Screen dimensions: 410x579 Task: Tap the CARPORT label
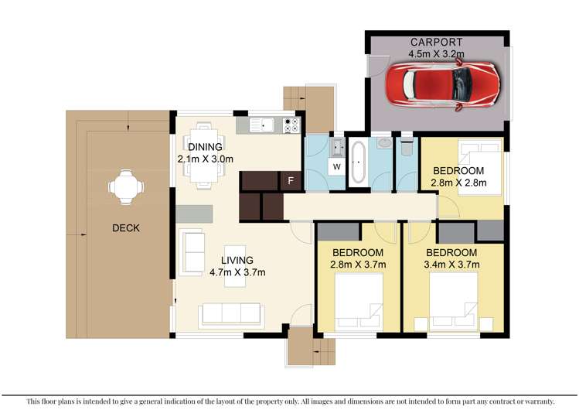click(x=437, y=43)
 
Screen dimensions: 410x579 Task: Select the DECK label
click(x=125, y=228)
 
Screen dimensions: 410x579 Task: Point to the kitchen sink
click(x=265, y=124)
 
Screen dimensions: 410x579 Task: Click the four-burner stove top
click(x=292, y=125)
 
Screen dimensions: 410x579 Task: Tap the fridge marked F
click(x=290, y=180)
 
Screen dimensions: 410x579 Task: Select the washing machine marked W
click(x=337, y=166)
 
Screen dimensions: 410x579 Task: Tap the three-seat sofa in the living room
click(x=230, y=314)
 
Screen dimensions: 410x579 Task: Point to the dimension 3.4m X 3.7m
click(x=452, y=265)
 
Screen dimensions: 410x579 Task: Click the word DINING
click(x=204, y=147)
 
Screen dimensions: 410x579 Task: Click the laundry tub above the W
click(x=337, y=146)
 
